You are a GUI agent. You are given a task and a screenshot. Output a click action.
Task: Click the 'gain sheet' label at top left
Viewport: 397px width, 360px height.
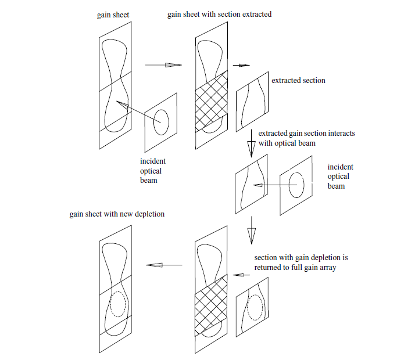tap(113, 15)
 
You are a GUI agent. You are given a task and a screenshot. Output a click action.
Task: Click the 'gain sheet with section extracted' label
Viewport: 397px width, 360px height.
tap(219, 14)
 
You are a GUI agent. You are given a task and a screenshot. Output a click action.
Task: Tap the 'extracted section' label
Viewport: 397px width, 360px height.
tap(298, 80)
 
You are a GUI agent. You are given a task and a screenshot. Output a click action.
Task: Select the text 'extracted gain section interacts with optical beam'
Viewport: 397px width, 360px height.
tap(306, 138)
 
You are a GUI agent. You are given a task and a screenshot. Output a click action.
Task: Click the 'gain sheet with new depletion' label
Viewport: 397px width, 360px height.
tap(117, 214)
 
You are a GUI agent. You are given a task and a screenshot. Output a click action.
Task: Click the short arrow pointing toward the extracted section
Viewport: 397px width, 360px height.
tap(241, 65)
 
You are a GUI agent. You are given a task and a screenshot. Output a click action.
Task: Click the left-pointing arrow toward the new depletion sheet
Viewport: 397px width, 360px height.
tap(164, 265)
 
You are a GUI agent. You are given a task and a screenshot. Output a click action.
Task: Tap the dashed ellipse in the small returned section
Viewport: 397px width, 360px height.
tap(254, 308)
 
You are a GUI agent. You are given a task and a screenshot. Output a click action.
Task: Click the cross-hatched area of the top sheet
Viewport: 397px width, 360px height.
tap(210, 103)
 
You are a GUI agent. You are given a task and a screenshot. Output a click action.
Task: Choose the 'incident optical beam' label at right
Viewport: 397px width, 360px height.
tap(339, 177)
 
